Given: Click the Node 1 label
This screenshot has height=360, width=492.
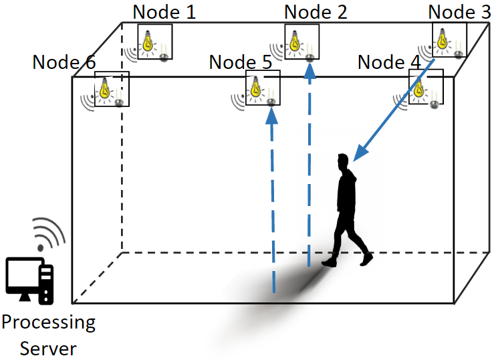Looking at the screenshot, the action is (164, 12).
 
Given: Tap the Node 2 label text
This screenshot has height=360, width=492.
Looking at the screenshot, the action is (316, 12).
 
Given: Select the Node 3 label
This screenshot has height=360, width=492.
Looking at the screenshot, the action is (459, 12).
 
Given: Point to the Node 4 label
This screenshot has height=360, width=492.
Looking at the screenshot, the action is (389, 62).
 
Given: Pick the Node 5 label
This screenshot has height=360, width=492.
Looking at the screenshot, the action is (241, 62).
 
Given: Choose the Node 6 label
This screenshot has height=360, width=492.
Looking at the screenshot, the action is (64, 62).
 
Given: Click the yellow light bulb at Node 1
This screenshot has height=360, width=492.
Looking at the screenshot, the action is (148, 41).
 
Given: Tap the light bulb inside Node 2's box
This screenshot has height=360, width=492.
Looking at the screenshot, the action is (294, 41).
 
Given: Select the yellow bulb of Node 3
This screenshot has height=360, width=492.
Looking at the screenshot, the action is (443, 38).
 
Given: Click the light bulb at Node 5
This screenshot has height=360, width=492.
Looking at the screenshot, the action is (256, 87).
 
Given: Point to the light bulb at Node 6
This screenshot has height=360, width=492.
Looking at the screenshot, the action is (104, 88).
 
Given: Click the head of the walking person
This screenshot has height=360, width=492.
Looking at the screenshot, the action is (343, 161).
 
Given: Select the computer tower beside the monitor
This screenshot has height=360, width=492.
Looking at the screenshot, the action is (46, 284).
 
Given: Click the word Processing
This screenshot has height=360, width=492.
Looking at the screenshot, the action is (49, 323).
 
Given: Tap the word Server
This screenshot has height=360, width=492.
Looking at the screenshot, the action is (48, 349).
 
